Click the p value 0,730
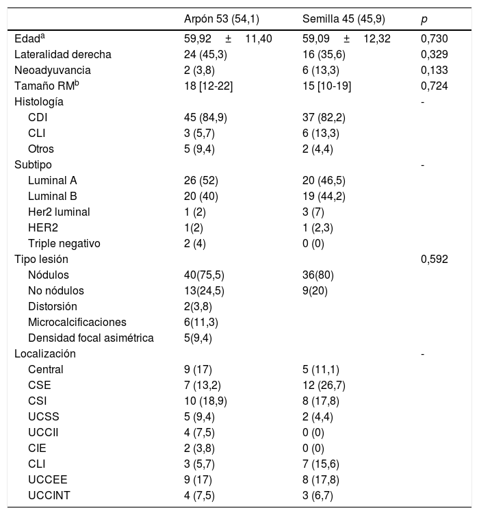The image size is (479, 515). pos(435,39)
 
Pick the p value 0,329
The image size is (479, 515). pos(435,54)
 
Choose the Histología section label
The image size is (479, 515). pos(40,101)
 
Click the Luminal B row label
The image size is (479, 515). pos(53,197)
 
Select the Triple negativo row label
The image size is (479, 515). pos(64,244)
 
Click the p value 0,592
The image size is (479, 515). pos(435,260)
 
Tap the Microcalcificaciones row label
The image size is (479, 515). pos(77,323)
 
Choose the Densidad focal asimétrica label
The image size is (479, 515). pos(91,338)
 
